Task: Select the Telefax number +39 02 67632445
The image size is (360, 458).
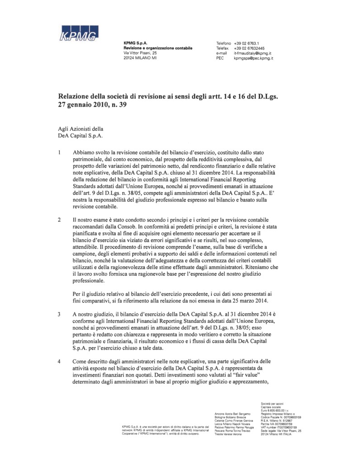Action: point(250,48)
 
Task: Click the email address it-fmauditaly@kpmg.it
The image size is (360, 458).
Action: point(255,53)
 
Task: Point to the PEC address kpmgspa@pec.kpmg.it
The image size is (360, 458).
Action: point(256,58)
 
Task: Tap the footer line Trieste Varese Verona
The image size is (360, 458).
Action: point(228,434)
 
